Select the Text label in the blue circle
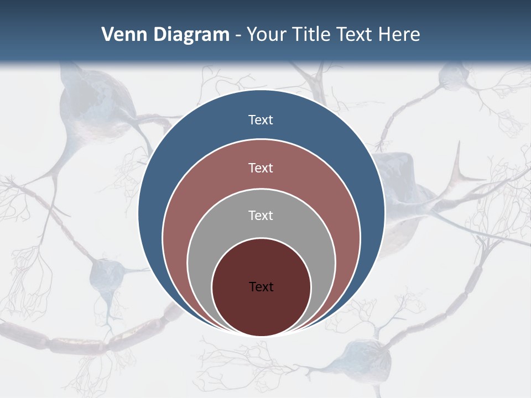pyautogui.click(x=261, y=120)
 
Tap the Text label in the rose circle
pyautogui.click(x=261, y=167)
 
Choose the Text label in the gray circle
pyautogui.click(x=261, y=215)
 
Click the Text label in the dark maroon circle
pyautogui.click(x=261, y=286)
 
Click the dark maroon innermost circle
pyautogui.click(x=261, y=310)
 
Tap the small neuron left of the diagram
pyautogui.click(x=108, y=274)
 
